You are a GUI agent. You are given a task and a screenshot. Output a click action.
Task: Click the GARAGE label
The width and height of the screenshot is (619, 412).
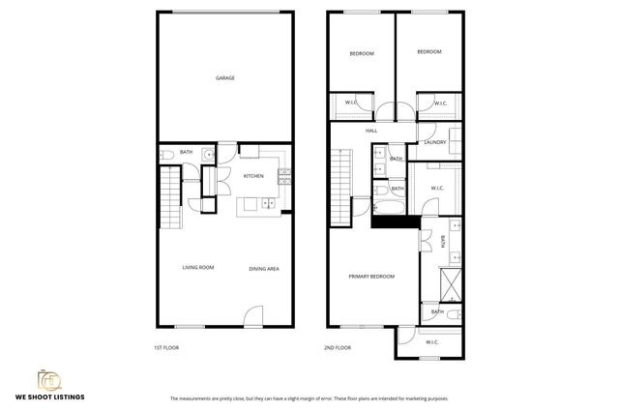click(224, 78)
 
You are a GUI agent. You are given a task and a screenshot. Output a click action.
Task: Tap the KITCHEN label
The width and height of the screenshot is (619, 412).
click(253, 176)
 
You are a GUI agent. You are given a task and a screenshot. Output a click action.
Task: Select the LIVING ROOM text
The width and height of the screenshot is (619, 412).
click(198, 268)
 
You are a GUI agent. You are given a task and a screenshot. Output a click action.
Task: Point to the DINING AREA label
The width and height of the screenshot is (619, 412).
click(263, 269)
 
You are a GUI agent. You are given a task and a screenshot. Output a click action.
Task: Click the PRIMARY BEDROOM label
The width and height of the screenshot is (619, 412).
click(371, 277)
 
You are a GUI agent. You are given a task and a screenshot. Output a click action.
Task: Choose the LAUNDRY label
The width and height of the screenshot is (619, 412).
click(435, 143)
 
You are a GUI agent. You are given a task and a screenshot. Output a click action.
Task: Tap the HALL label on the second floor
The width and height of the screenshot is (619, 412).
click(371, 131)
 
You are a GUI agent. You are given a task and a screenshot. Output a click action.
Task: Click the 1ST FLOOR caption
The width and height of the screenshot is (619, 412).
click(166, 347)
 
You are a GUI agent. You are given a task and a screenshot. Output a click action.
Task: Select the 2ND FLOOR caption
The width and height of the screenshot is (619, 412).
click(337, 347)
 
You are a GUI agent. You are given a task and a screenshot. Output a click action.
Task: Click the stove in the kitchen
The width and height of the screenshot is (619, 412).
click(284, 177)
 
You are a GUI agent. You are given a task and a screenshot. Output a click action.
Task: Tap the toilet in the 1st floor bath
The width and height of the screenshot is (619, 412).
click(166, 155)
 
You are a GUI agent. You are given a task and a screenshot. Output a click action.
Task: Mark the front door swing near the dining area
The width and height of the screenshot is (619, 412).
click(253, 315)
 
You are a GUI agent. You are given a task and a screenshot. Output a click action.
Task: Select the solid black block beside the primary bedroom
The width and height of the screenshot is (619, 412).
click(395, 221)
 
